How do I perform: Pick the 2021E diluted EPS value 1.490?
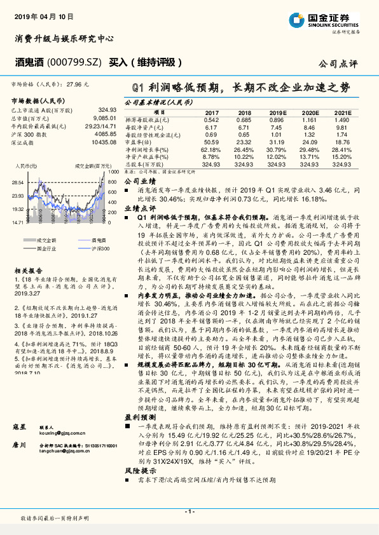tap(342, 119)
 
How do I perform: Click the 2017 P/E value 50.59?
tap(211, 142)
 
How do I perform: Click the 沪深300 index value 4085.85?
tap(104, 134)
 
